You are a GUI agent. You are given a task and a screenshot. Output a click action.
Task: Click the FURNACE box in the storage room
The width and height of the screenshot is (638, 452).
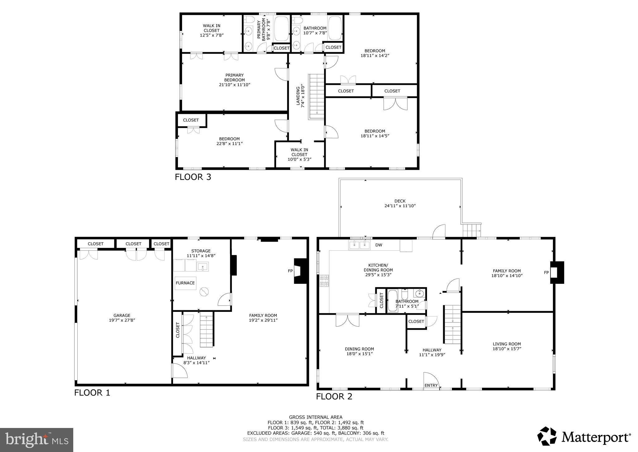click(x=185, y=283)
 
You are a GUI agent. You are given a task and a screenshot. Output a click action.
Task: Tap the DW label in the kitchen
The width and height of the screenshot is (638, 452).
click(x=378, y=245)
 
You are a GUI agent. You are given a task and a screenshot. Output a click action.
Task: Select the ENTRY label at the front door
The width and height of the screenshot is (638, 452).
click(x=431, y=386)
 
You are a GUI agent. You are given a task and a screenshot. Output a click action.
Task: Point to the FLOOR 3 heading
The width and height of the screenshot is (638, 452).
click(x=193, y=177)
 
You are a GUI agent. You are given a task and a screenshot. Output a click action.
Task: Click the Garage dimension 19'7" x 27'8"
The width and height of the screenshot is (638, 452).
click(x=122, y=320)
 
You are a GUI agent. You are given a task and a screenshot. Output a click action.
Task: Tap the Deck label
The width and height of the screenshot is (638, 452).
click(x=400, y=201)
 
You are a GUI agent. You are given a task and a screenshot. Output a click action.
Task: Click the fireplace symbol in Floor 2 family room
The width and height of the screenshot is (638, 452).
click(x=557, y=273)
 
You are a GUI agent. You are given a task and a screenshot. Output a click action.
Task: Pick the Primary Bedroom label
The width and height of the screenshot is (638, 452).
click(x=234, y=77)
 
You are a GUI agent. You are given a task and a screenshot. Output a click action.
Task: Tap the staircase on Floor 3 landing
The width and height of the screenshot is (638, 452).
click(x=317, y=96)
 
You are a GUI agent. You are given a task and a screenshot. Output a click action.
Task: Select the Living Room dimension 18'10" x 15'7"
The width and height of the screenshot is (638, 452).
click(x=506, y=349)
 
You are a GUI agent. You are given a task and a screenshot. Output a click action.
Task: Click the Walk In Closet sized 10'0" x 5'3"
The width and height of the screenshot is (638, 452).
click(x=299, y=155)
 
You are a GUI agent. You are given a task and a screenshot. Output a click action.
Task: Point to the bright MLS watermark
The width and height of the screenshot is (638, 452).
click(x=36, y=440)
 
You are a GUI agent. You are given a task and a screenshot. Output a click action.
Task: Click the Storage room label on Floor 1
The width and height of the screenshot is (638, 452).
click(x=201, y=251)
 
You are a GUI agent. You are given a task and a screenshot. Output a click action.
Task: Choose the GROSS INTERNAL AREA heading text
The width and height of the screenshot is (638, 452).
click(x=315, y=417)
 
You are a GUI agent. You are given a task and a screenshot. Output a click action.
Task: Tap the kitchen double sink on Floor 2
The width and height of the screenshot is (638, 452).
click(x=359, y=245)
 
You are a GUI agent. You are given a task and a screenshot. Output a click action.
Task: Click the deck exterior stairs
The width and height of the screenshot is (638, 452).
click(x=471, y=230)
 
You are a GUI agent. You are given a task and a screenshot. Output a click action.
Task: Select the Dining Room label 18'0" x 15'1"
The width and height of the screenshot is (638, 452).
click(x=359, y=349)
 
